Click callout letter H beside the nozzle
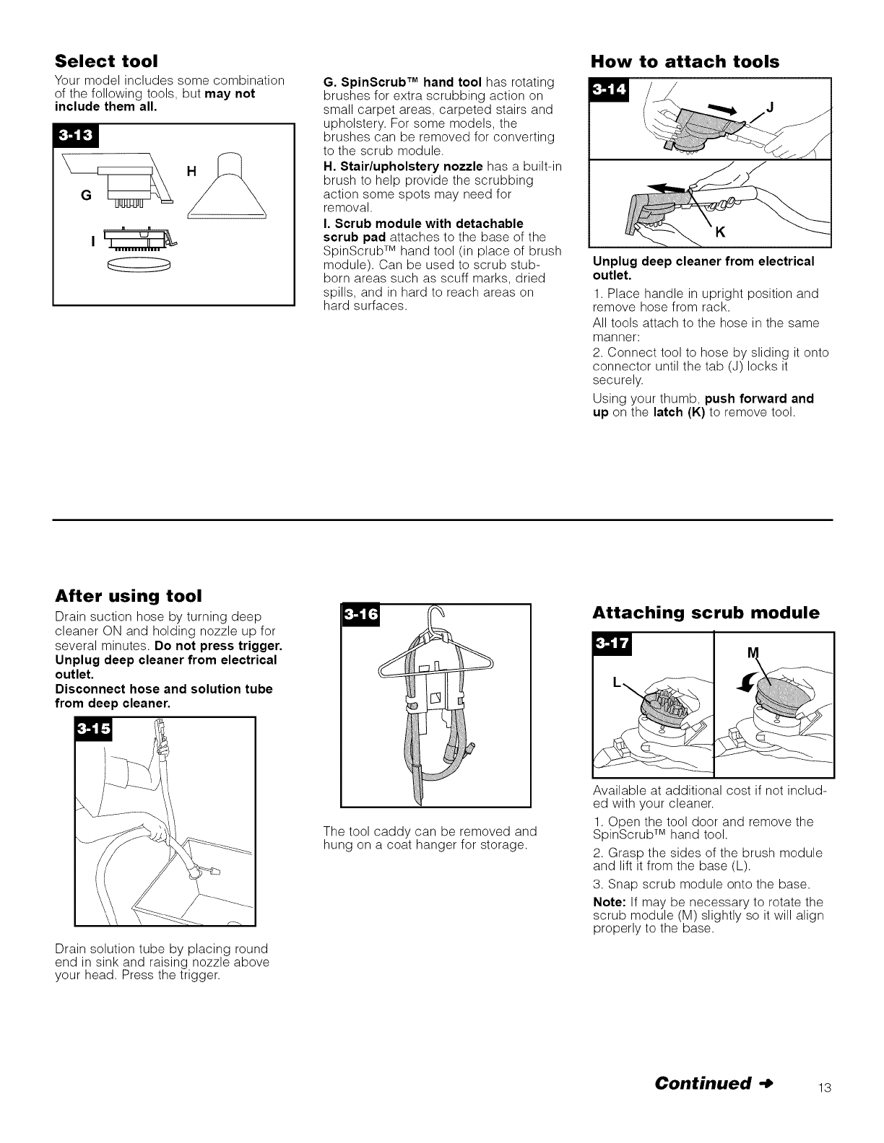[x=191, y=171]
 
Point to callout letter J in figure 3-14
[x=769, y=109]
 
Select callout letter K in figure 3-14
[x=720, y=232]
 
